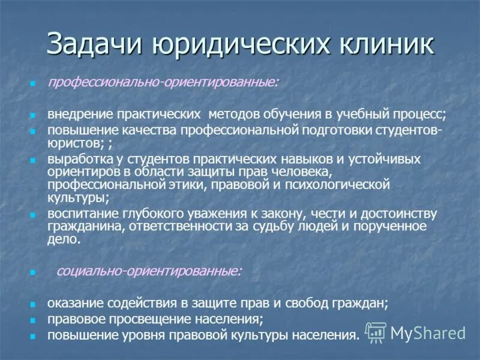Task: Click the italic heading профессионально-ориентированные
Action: [x=163, y=82]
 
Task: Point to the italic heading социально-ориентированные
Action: [x=149, y=271]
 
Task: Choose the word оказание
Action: [x=74, y=304]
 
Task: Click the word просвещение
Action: [x=143, y=319]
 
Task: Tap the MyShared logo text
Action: [x=427, y=334]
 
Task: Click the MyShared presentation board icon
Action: [x=376, y=332]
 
